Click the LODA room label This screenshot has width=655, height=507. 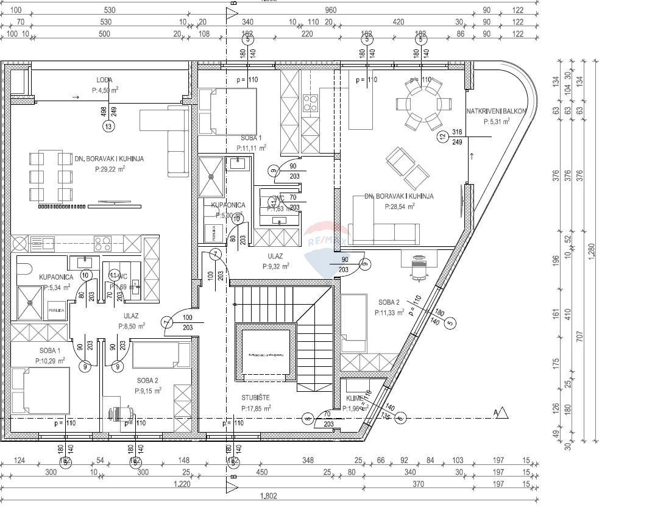tap(104, 80)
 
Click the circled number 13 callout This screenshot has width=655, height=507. tap(108, 127)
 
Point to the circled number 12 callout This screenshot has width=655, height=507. tap(443, 137)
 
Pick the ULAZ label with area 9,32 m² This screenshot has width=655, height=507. tap(275, 257)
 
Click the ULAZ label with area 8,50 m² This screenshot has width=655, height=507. tap(131, 316)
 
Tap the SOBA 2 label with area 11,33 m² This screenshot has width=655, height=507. tap(389, 302)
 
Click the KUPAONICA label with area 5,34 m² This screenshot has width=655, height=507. tap(57, 277)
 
